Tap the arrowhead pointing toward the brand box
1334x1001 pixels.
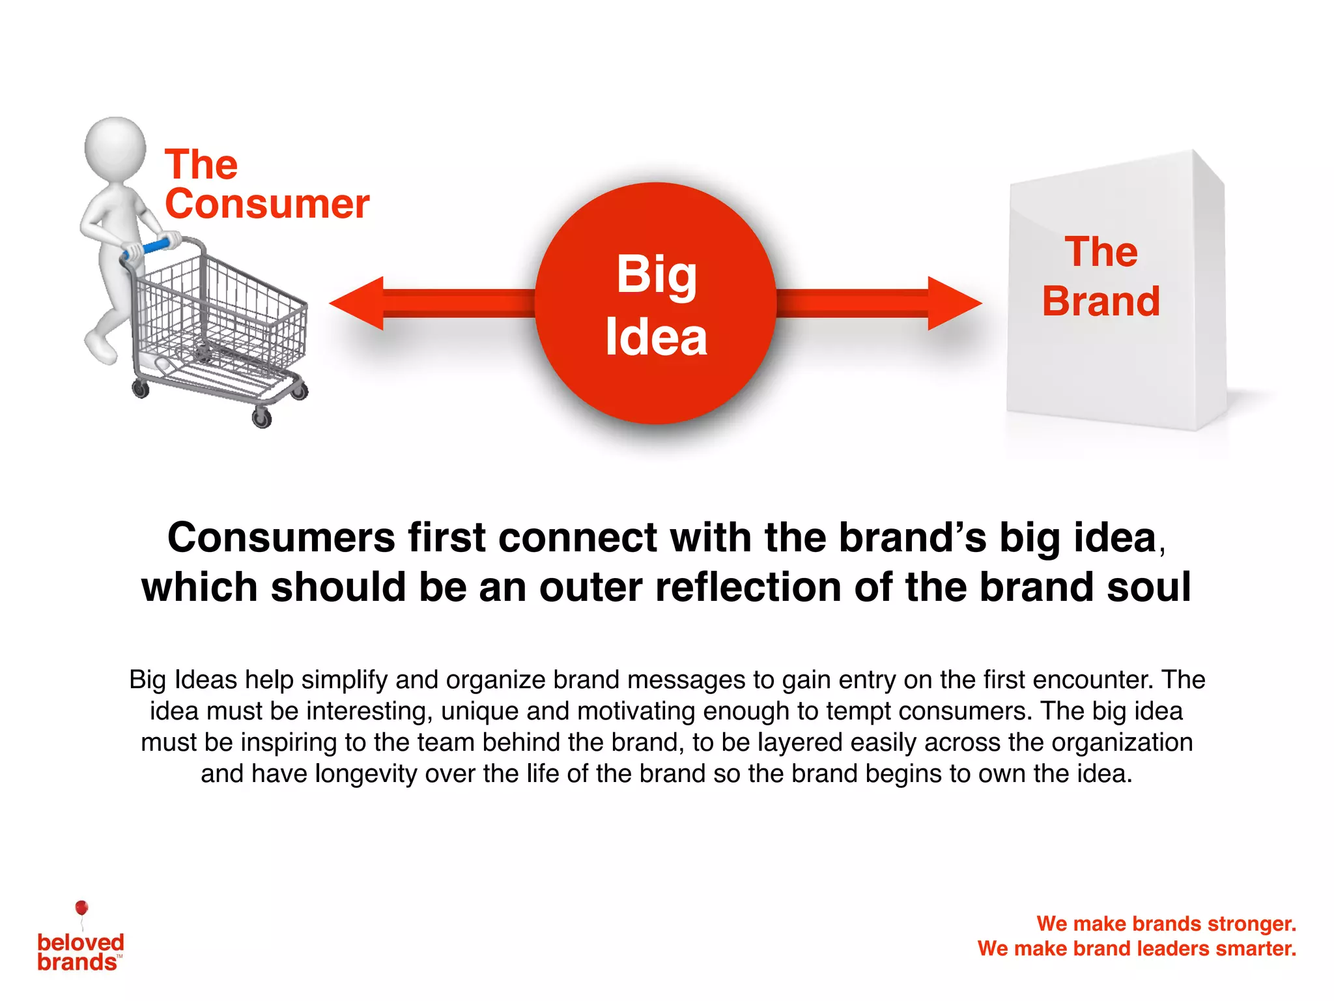tap(952, 303)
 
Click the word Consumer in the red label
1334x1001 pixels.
tap(267, 204)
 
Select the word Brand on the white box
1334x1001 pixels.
tap(1101, 302)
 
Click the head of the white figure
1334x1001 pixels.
tap(115, 147)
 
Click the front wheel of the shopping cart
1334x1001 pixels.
tap(262, 417)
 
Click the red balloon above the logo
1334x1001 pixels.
tap(81, 908)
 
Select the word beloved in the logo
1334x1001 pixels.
tap(81, 942)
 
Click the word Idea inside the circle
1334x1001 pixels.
tap(656, 338)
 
